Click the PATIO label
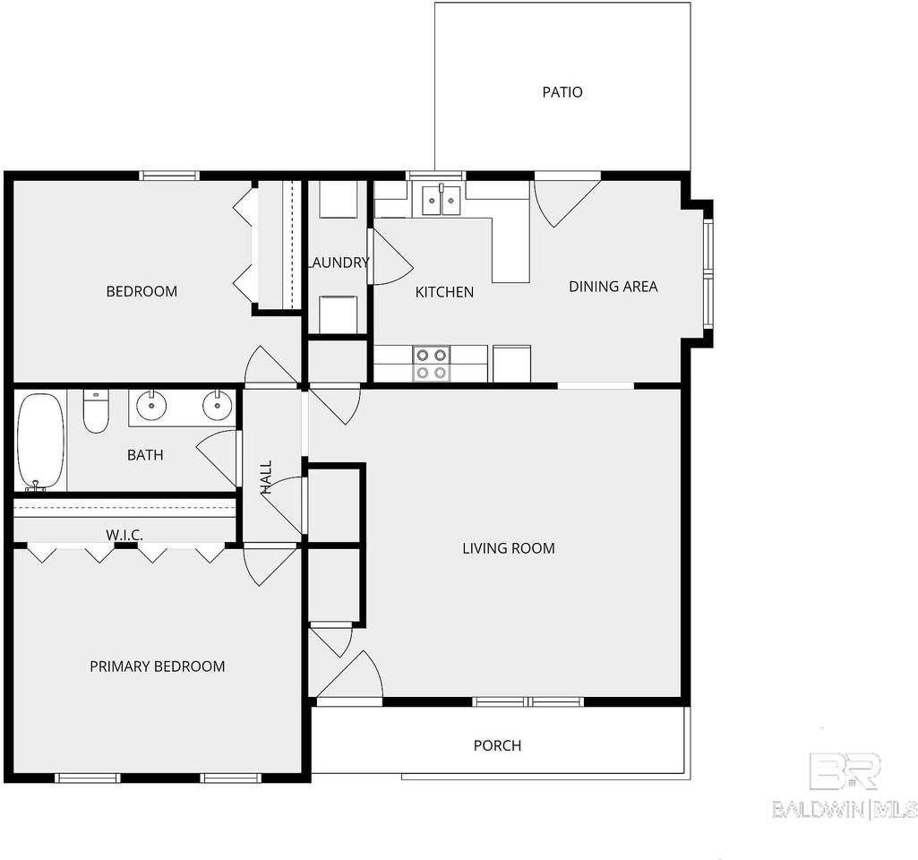(562, 92)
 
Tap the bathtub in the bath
(40, 442)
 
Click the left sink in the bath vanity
(152, 407)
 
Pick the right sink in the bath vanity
(216, 407)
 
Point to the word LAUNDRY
(338, 262)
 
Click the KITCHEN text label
(444, 292)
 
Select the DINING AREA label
(613, 287)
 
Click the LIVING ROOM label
(508, 548)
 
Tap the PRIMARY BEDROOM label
(157, 666)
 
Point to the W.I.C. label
(124, 535)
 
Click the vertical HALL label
(266, 477)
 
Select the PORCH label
(497, 745)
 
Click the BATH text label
(145, 455)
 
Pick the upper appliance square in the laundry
(339, 199)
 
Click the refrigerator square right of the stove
(511, 364)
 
